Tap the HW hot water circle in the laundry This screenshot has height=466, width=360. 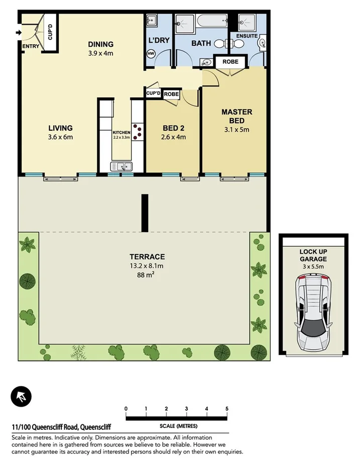150,54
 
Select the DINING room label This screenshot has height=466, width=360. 101,44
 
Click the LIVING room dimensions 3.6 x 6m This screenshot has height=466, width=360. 60,136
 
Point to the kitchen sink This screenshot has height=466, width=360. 121,166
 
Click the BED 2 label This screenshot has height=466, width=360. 173,128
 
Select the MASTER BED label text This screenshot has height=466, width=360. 236,116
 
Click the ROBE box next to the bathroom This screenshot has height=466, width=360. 231,61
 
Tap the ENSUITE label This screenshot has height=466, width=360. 247,36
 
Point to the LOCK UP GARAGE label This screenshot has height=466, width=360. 313,255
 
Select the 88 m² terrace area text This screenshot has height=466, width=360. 146,275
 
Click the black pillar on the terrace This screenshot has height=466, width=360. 145,213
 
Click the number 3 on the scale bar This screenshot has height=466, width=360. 187,409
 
